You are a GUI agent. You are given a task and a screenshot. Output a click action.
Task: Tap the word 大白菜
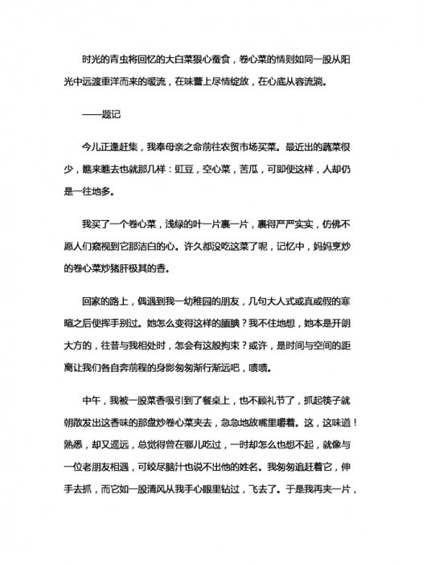[181, 59]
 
